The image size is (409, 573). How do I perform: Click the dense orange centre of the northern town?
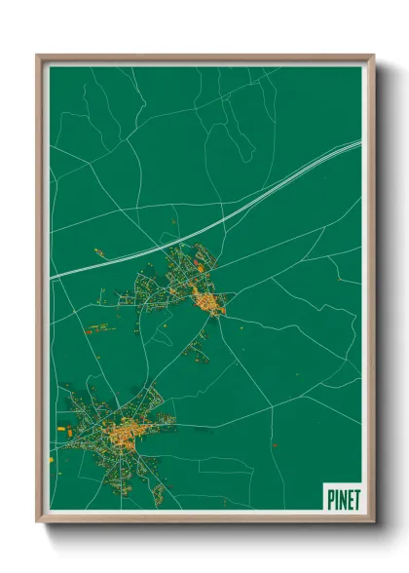point(208,303)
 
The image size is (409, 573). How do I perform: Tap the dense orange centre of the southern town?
point(127,431)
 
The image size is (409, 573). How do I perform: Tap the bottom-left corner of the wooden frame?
point(39,523)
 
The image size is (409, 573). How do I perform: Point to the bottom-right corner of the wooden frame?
point(372,523)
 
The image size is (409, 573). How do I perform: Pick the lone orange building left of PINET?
point(275,445)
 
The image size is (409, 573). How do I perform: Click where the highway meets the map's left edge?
point(52,277)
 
